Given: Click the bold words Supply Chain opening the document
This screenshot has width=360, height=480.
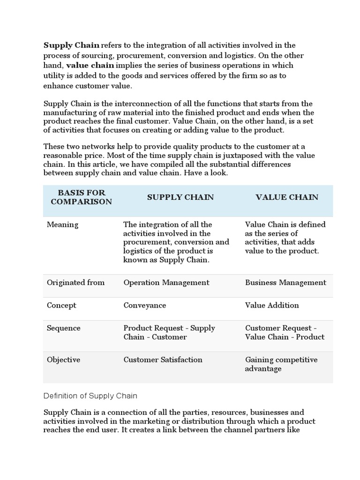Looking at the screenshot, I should tap(71, 45).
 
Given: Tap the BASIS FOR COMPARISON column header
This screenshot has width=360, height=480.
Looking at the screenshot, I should tap(82, 197).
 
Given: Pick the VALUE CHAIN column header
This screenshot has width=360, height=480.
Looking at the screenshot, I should tap(287, 197).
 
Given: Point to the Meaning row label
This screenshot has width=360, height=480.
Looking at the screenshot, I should tap(63, 225).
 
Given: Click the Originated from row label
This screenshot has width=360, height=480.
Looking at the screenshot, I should tap(76, 283).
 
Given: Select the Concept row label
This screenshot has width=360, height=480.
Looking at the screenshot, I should tap(61, 306).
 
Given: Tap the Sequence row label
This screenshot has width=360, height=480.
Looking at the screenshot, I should tap(64, 328).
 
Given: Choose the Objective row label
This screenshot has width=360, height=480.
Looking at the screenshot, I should tap(64, 360).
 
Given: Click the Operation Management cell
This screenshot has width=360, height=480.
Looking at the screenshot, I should tap(166, 283).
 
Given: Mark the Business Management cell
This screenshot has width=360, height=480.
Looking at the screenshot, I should tap(285, 283).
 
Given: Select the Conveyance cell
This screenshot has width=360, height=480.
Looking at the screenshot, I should tap(145, 306).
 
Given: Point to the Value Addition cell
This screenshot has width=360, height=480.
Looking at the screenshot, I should tap(272, 306).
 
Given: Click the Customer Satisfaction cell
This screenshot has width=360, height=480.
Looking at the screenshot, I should tap(163, 360).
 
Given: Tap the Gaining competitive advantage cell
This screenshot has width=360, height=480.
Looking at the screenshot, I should tap(281, 364).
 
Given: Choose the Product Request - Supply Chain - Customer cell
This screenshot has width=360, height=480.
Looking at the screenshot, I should tap(169, 332).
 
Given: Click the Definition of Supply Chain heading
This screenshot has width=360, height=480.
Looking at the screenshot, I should tap(90, 396).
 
